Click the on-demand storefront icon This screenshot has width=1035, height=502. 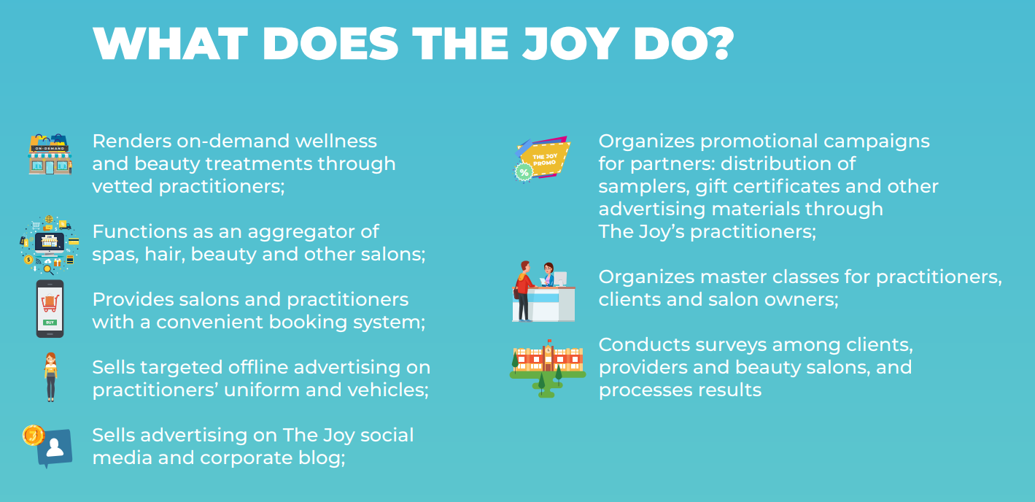[50, 154]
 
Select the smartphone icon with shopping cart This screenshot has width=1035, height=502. [50, 309]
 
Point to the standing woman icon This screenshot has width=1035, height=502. [51, 376]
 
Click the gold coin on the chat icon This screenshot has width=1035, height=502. [34, 436]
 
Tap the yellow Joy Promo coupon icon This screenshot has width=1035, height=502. [543, 159]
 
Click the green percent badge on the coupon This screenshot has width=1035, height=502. [524, 173]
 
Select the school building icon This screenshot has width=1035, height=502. [548, 368]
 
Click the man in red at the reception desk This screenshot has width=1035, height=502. [524, 291]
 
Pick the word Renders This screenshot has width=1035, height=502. [131, 141]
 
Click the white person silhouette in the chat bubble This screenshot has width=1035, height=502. [55, 447]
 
